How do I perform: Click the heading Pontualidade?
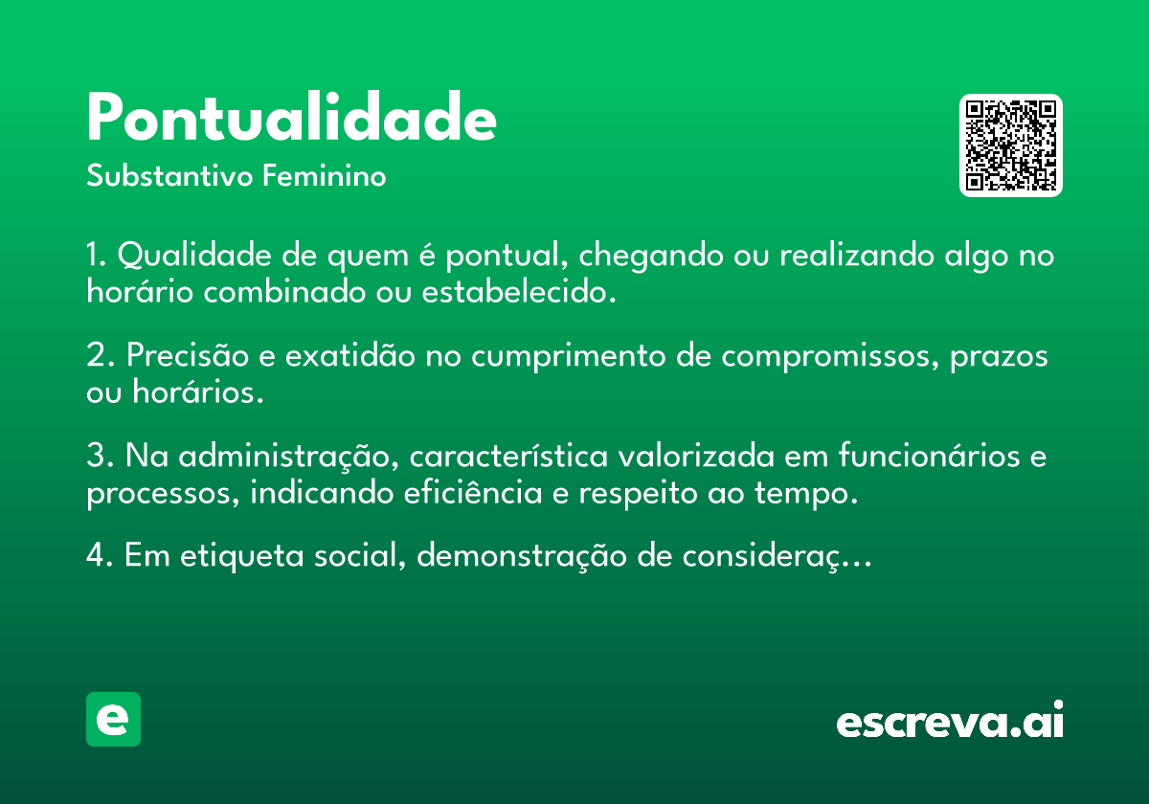coord(291,118)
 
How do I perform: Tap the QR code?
coord(1010,145)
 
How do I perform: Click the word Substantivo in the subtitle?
coord(169,175)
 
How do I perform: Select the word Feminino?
coord(325,175)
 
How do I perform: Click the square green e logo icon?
coord(113,719)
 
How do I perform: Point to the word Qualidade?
coord(194,255)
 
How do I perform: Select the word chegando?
coord(651,256)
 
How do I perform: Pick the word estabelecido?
coord(519,292)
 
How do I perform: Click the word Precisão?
coord(188,355)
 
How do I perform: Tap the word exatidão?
coord(349,355)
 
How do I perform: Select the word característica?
coord(508,456)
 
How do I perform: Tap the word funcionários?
coord(929,455)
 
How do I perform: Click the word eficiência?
coord(473,492)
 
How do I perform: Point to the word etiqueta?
coord(241,556)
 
